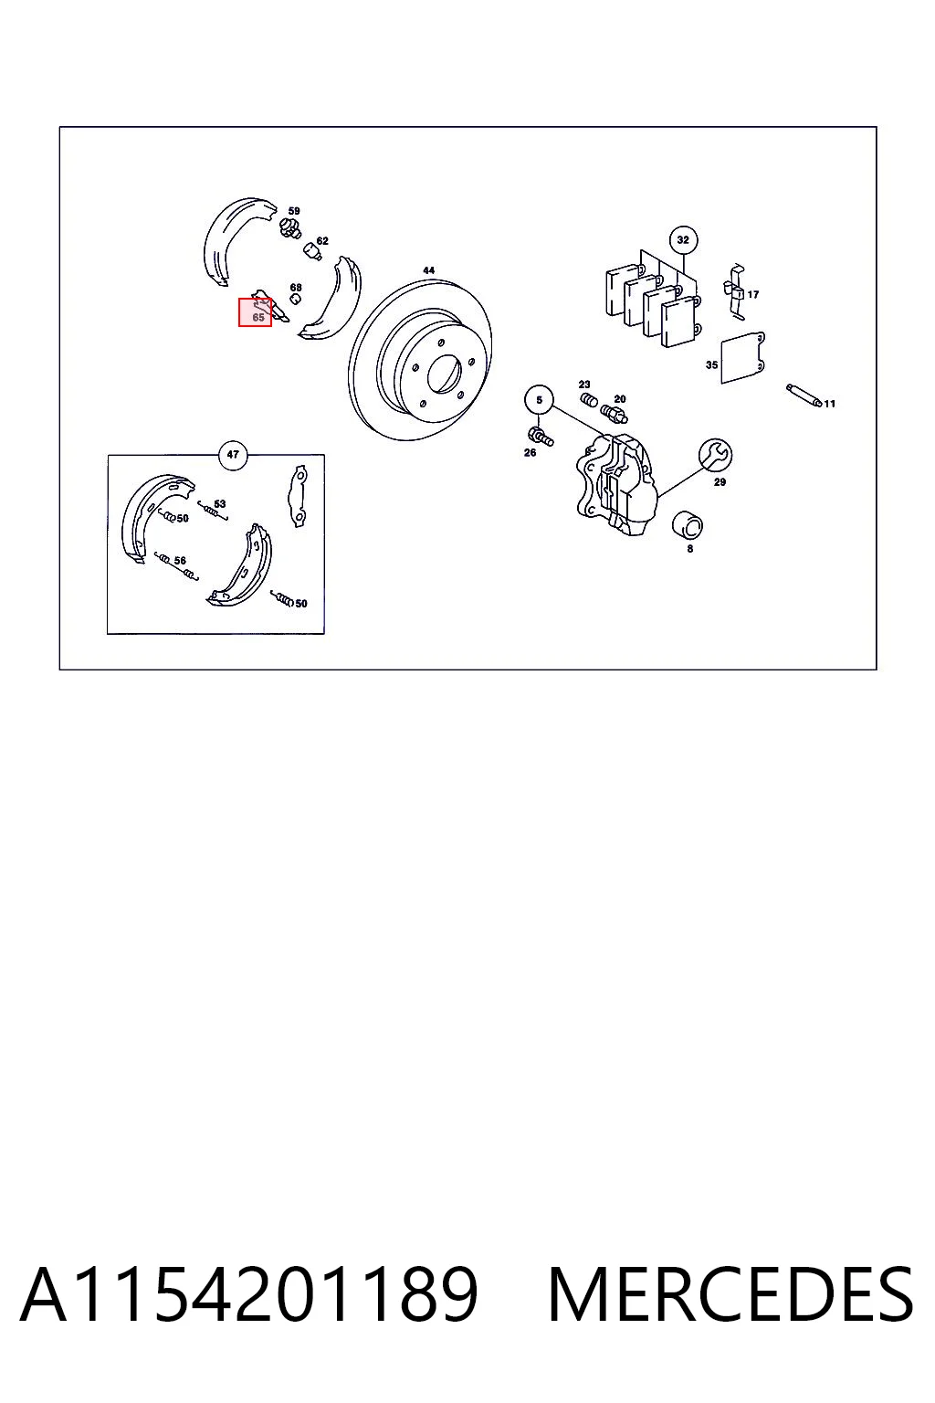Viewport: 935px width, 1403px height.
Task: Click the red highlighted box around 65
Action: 255,312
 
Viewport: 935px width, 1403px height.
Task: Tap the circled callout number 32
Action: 683,240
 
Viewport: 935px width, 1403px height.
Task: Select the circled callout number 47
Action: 233,455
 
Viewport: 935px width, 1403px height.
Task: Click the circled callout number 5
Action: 540,400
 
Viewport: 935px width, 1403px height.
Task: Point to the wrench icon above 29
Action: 715,456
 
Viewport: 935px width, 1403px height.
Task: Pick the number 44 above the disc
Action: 428,270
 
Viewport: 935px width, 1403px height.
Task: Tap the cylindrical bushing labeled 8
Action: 687,525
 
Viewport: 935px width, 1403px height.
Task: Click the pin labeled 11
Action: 803,396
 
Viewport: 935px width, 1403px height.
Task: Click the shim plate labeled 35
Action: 742,358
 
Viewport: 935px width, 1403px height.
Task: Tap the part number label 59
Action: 294,211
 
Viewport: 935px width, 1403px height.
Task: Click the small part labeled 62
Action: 312,251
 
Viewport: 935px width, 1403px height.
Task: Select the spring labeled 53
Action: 213,511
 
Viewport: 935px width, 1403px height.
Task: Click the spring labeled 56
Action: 176,566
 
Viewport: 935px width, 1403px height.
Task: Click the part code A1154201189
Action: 249,1295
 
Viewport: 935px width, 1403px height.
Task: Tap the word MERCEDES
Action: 730,1295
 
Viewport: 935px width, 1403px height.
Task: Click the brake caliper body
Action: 616,485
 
